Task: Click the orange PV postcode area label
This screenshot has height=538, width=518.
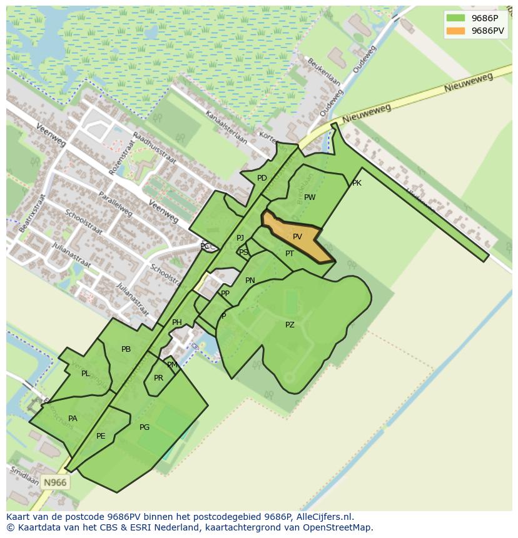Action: click(x=297, y=237)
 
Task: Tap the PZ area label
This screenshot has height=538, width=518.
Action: click(x=290, y=325)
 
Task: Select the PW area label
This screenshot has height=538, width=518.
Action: click(x=310, y=197)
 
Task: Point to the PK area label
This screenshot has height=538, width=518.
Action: click(x=357, y=183)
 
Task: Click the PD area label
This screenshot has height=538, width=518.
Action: click(x=262, y=178)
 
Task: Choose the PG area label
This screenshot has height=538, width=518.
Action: click(x=145, y=427)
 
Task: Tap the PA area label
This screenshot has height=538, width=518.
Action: click(x=73, y=419)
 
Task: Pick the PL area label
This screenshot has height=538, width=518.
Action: click(x=85, y=374)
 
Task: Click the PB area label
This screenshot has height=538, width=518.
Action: click(x=126, y=349)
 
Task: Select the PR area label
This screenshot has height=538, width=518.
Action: click(x=158, y=378)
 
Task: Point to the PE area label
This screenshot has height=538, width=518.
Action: click(x=101, y=436)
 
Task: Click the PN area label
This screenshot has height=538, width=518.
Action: click(x=250, y=281)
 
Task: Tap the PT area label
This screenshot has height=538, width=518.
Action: click(x=290, y=254)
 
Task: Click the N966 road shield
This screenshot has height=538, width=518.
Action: click(x=54, y=482)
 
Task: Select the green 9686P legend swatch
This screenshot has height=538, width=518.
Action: click(x=455, y=17)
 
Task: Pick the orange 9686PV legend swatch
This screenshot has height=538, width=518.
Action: click(x=455, y=30)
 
